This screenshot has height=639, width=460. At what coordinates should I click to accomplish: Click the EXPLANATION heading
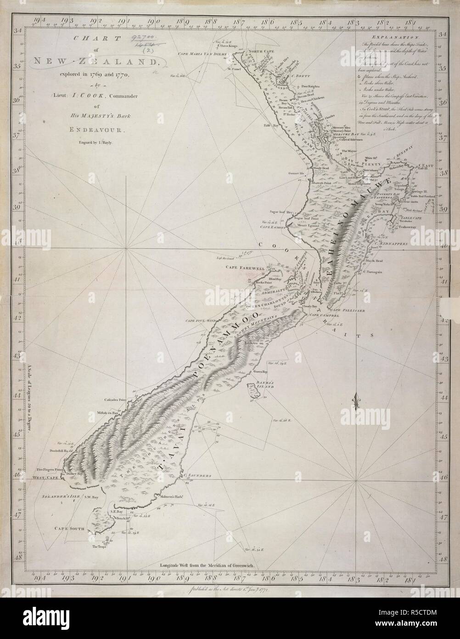pos(395,36)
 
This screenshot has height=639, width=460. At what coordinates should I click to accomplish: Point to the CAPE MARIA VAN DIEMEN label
pos(198,51)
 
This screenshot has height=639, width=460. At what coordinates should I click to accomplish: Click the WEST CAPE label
pos(41,479)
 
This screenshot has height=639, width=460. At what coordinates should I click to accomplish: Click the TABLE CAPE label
pos(412,217)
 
